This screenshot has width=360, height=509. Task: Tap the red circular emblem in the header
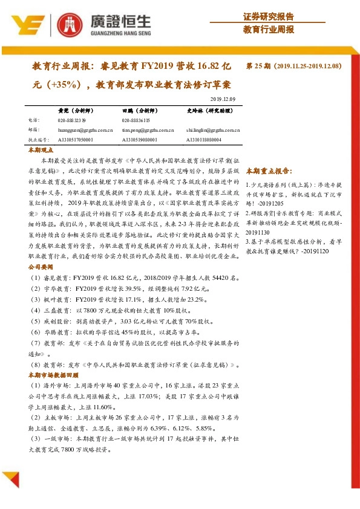click(x=68, y=25)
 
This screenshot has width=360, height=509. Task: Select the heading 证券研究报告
click(x=269, y=16)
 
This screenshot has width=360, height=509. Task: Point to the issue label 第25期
click(x=259, y=65)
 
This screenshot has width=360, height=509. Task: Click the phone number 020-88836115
click(x=136, y=120)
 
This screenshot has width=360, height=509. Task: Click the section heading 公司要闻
click(x=41, y=266)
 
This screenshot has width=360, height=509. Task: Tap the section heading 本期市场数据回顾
click(x=53, y=375)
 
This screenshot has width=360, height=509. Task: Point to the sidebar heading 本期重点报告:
click(x=270, y=171)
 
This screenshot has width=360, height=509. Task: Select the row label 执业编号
click(x=38, y=139)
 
